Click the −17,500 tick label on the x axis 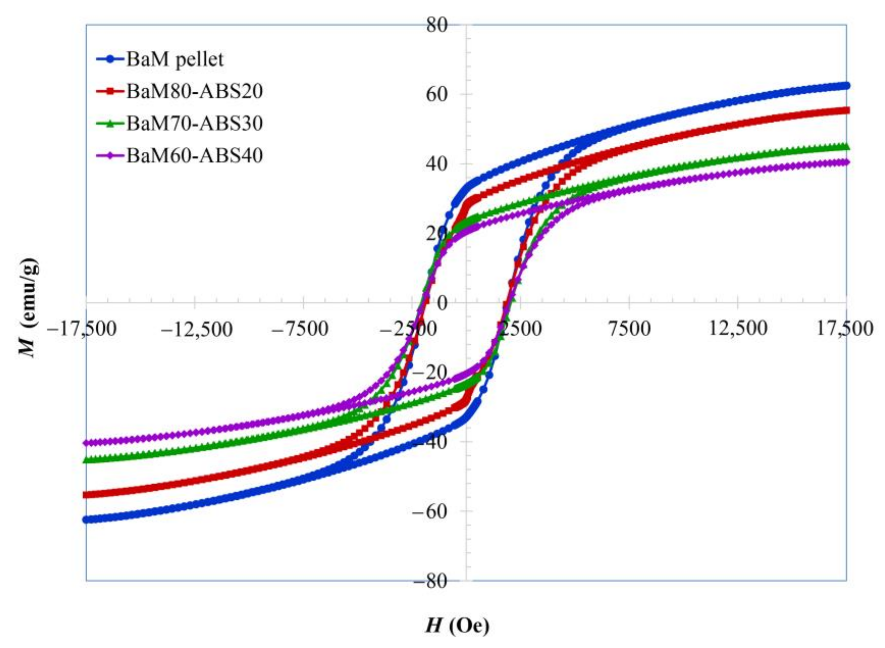click(x=81, y=329)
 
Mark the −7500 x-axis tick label click(x=301, y=329)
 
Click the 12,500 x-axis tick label click(x=738, y=329)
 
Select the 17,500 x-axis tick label click(x=845, y=329)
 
